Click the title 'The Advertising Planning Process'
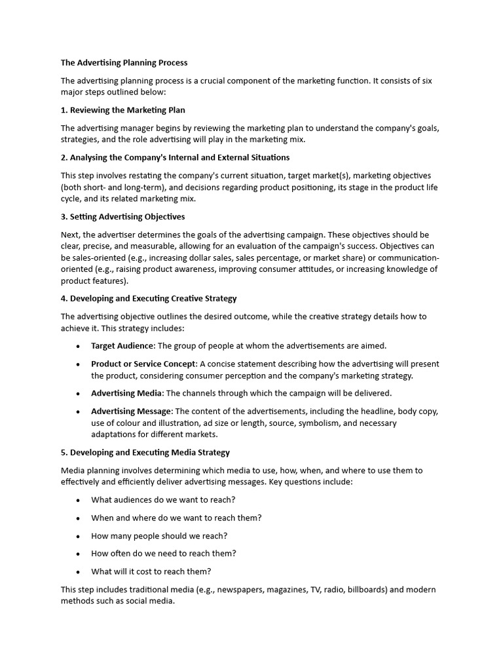(x=124, y=63)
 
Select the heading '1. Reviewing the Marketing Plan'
(x=123, y=110)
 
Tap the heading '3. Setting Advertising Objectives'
(x=122, y=217)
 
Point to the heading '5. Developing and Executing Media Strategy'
(x=145, y=453)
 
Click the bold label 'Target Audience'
(x=122, y=346)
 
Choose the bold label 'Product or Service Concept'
(x=143, y=364)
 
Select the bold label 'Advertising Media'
(x=126, y=393)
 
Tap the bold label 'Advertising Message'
(x=132, y=412)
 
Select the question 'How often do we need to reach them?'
(x=164, y=554)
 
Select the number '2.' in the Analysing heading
(x=64, y=158)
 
